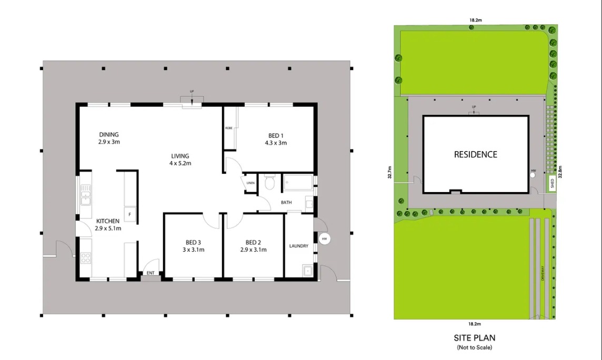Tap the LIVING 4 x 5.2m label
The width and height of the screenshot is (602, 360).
[x=180, y=159]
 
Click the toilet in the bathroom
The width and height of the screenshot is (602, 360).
[x=270, y=183]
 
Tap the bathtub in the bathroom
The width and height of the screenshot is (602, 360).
[x=298, y=183]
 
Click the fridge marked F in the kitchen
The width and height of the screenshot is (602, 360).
[x=130, y=215]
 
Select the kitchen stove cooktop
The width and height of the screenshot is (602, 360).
[x=86, y=258]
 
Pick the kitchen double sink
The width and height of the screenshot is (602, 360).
[x=86, y=195]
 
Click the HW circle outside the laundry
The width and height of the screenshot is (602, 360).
[x=325, y=239]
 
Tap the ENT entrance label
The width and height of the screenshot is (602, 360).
[x=150, y=273]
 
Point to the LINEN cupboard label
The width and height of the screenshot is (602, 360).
[x=250, y=183]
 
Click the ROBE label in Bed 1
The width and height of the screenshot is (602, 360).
[x=229, y=128]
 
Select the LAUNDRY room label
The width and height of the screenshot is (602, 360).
[x=299, y=246]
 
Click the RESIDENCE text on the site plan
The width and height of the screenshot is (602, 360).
[x=475, y=155]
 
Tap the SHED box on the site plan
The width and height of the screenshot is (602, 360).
[x=552, y=184]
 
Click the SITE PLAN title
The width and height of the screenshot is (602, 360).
[x=475, y=338]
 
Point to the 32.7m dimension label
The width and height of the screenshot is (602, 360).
[x=390, y=172]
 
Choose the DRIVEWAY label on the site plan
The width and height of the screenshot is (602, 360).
[x=543, y=273]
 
